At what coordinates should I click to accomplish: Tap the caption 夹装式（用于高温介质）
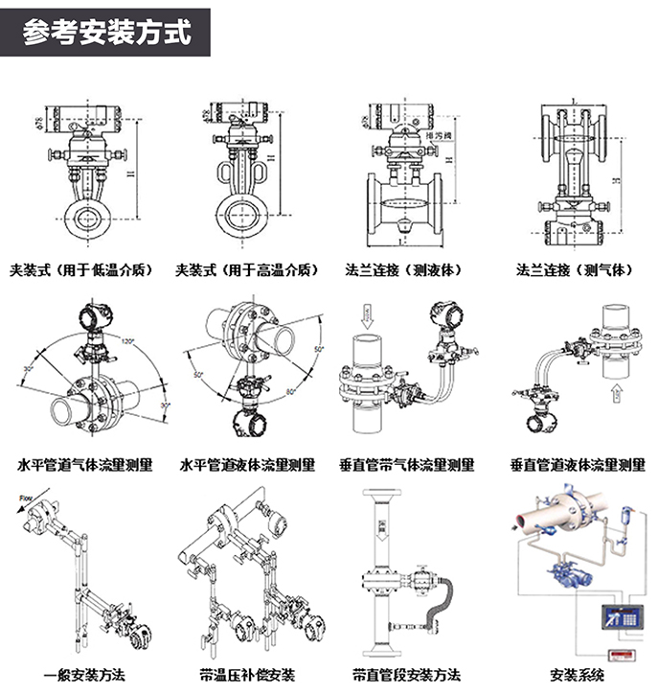click(x=246, y=270)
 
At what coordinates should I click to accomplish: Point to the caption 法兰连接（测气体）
click(x=574, y=270)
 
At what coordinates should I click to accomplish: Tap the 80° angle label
click(x=291, y=393)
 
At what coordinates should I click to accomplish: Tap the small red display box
click(x=624, y=655)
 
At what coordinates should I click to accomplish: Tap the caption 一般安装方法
click(x=84, y=674)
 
